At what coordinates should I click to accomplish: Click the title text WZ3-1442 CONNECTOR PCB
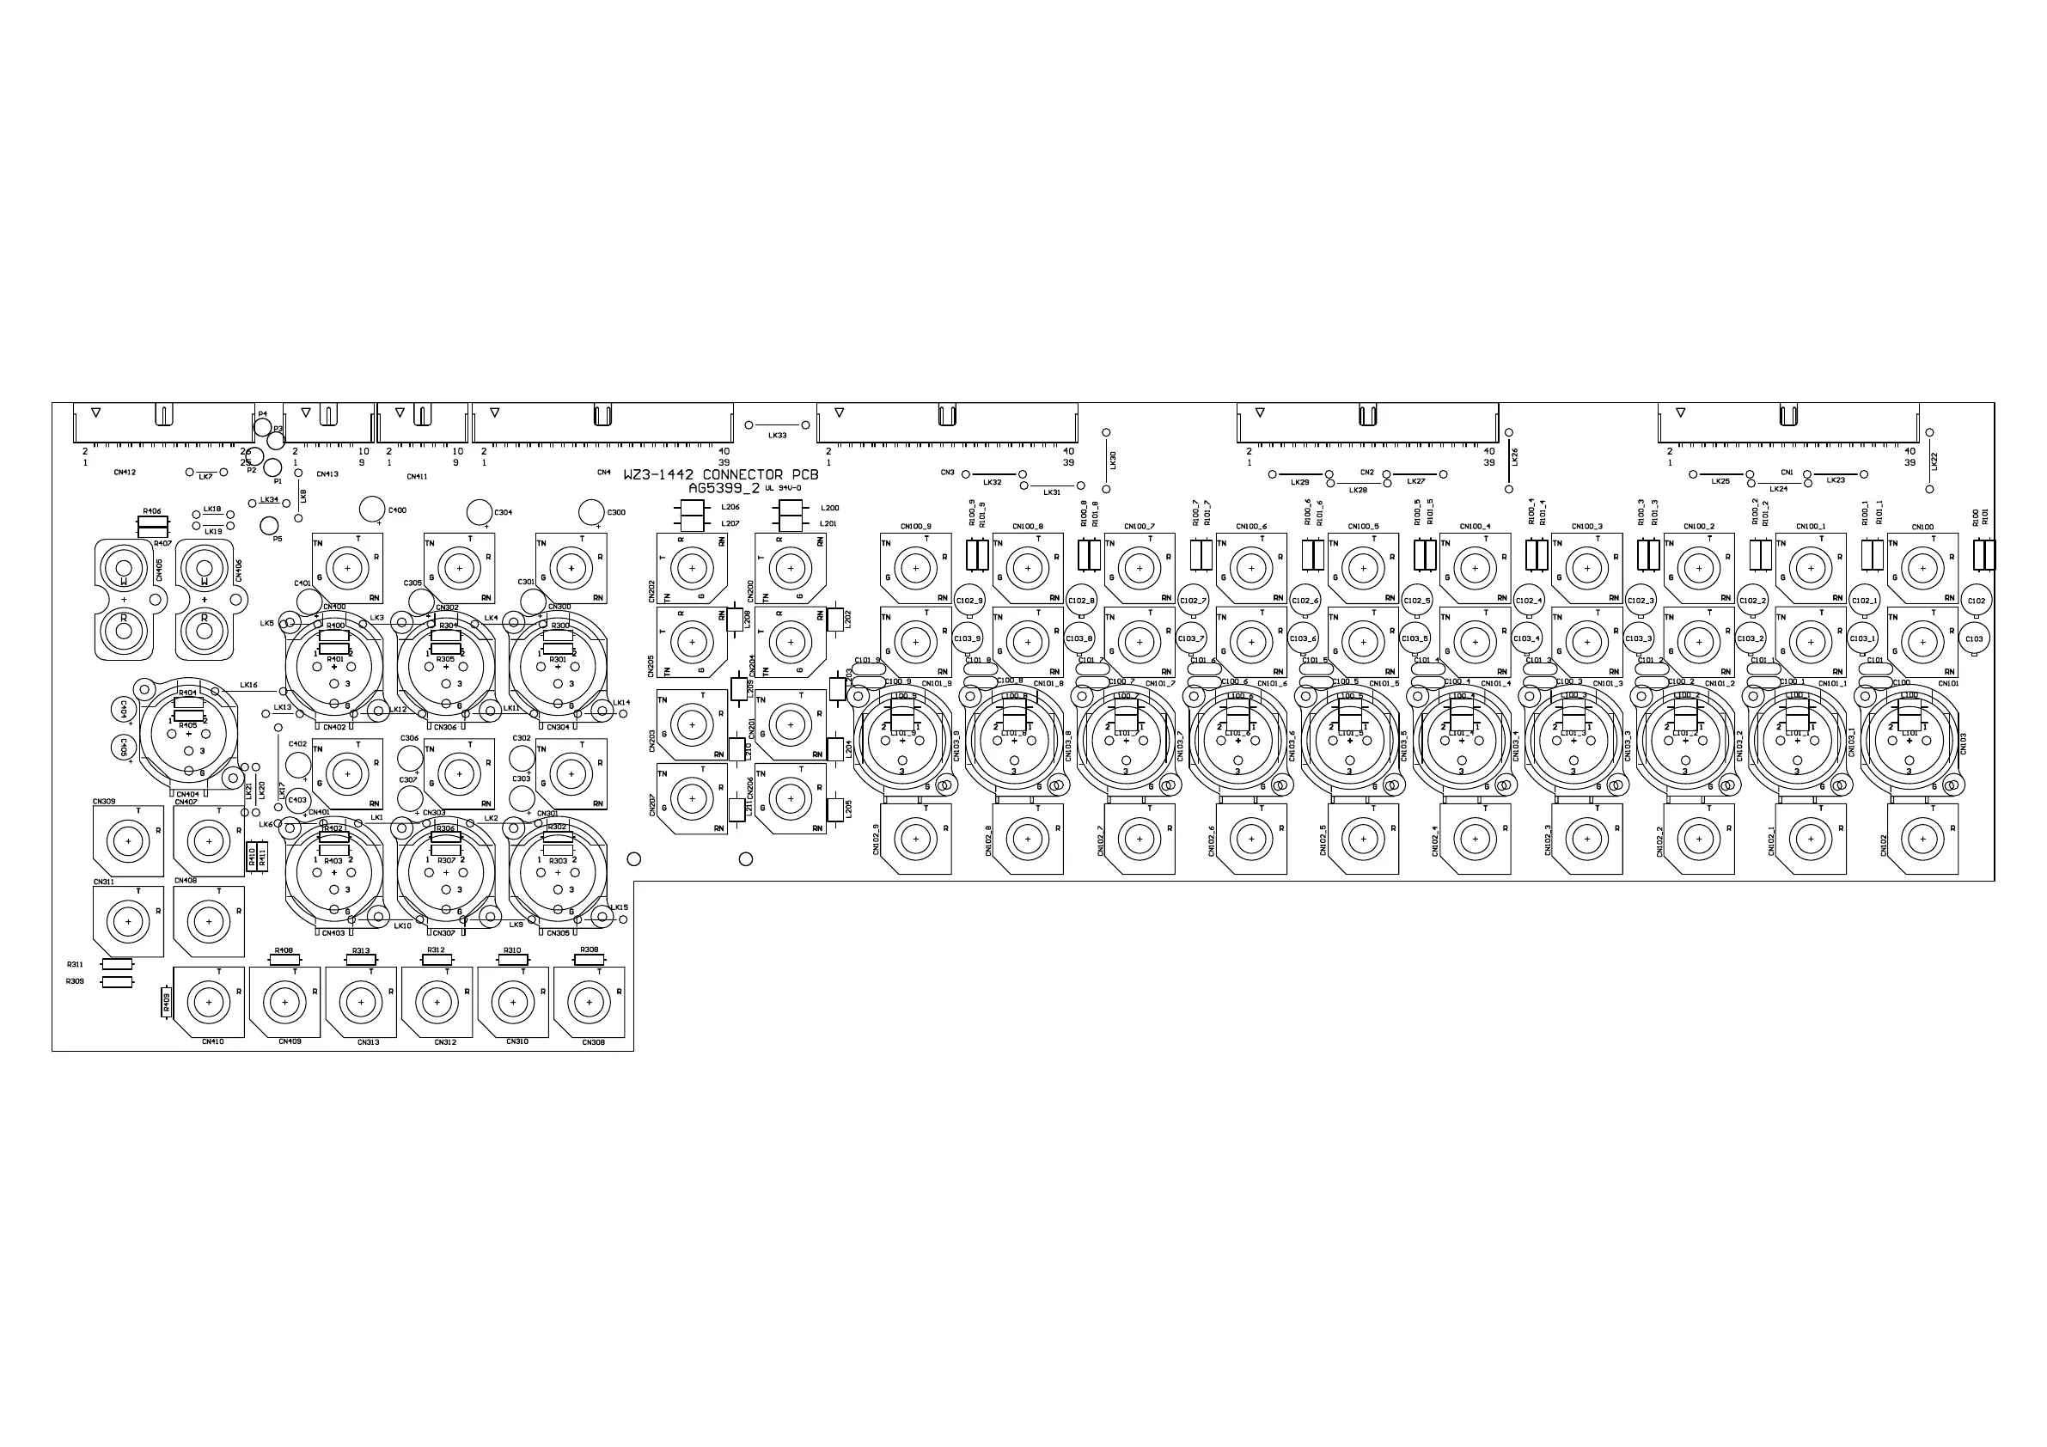point(720,475)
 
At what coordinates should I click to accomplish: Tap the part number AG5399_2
point(723,489)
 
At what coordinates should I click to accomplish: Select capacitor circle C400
point(372,509)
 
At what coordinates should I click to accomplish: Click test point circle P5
point(269,525)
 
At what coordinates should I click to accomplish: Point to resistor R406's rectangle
point(153,522)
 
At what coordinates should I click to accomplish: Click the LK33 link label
point(778,436)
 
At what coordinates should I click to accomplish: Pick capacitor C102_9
point(969,600)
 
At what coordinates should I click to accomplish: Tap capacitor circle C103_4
point(1527,638)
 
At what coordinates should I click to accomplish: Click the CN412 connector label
point(125,473)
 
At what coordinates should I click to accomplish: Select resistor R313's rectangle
point(361,960)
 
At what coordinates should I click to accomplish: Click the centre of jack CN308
point(590,1001)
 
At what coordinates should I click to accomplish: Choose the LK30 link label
point(1113,460)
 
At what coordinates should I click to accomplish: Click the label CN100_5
point(1363,527)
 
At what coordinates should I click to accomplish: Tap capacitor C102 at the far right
point(1976,601)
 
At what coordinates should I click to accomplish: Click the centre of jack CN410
point(210,1001)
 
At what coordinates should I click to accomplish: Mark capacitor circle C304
point(480,512)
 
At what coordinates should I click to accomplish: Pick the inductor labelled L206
point(692,507)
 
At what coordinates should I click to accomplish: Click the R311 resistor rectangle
point(118,964)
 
